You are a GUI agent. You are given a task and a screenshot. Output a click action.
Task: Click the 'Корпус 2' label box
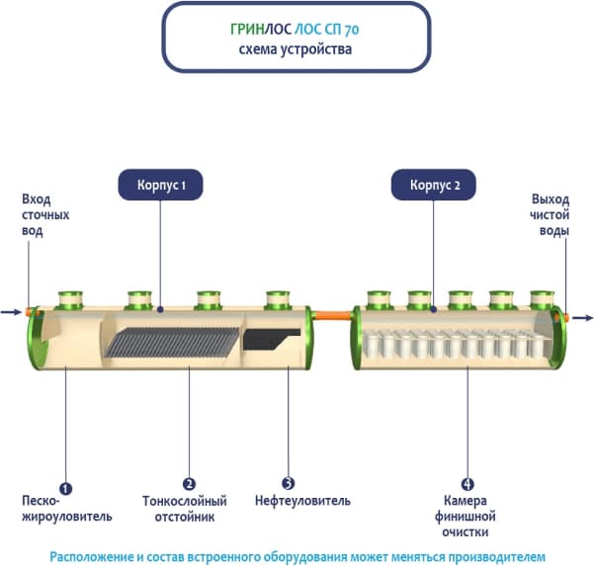[432, 185]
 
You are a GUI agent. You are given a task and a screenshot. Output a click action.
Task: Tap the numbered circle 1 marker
[65, 485]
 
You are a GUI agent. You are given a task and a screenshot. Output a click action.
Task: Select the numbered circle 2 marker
[189, 485]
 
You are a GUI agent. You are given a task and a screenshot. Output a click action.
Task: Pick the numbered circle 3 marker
[288, 485]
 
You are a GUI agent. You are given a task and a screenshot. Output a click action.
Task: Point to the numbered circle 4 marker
[467, 485]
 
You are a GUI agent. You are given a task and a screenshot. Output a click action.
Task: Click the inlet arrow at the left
[11, 313]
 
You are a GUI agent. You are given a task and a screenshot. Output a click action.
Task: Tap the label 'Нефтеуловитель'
[301, 501]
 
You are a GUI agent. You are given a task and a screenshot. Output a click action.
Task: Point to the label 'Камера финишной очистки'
[465, 516]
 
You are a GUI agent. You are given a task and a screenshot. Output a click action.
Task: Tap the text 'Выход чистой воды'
[550, 214]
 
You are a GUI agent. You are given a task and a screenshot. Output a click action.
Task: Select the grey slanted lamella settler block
[173, 342]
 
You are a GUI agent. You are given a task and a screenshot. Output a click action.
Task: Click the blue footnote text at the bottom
[297, 554]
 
